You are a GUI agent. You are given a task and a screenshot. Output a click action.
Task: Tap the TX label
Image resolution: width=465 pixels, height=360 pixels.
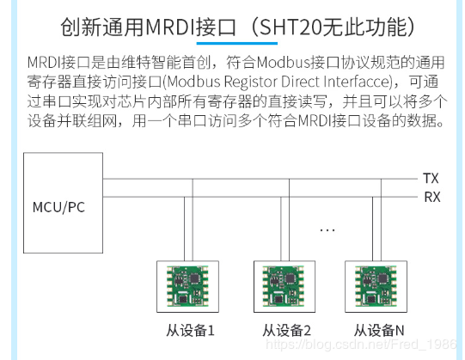click(431, 179)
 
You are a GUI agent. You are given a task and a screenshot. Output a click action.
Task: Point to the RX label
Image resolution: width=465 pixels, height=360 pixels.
click(431, 197)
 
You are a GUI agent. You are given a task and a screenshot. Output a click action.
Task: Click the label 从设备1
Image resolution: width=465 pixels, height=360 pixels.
click(190, 330)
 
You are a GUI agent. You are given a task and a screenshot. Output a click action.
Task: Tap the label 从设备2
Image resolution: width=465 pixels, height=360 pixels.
click(285, 330)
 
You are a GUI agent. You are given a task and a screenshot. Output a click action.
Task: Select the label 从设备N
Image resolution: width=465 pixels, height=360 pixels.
click(379, 330)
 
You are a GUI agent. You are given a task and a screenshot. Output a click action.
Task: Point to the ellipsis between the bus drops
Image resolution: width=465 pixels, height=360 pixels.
click(327, 229)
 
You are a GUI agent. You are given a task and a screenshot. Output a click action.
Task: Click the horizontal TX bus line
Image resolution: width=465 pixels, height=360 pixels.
click(258, 179)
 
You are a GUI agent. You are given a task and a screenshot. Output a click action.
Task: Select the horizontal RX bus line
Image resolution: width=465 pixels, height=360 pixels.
click(258, 197)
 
